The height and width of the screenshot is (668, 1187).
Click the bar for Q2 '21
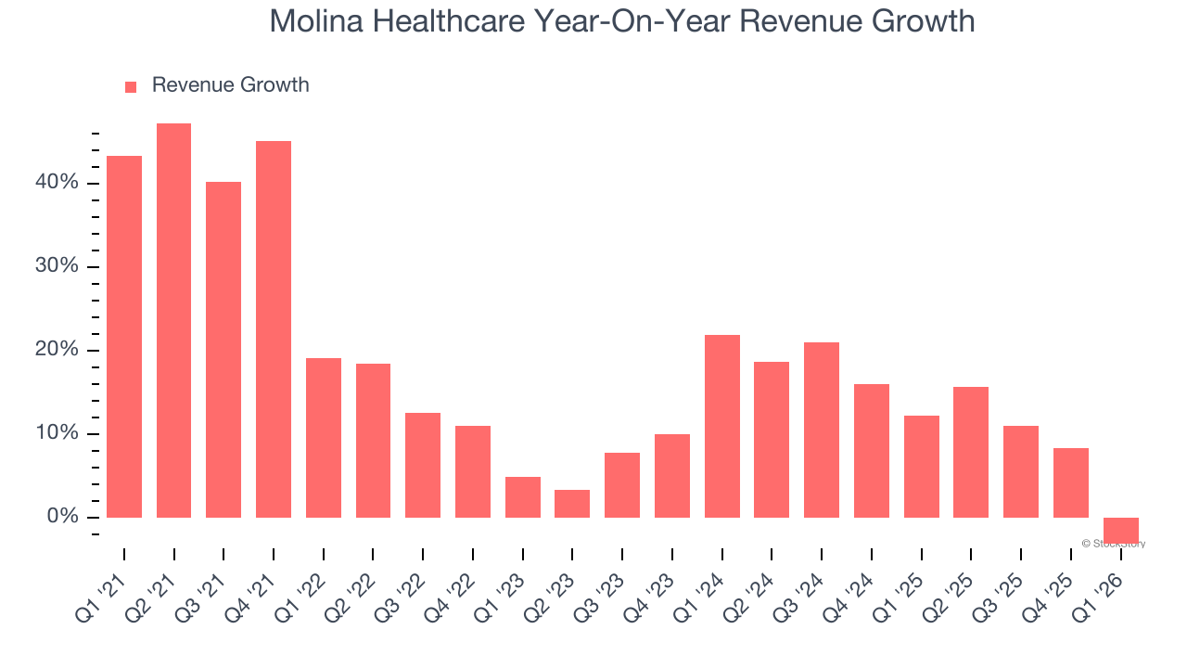[x=173, y=320]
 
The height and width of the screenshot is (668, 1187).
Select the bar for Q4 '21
[x=274, y=329]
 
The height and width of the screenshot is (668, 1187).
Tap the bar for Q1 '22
[x=324, y=438]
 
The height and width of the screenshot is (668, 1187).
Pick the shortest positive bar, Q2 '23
[x=572, y=504]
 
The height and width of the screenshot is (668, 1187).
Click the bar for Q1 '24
[x=722, y=426]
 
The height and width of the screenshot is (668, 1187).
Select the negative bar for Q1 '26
[x=1121, y=530]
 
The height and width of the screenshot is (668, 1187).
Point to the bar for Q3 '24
[x=822, y=430]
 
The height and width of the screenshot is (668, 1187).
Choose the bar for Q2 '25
[x=971, y=452]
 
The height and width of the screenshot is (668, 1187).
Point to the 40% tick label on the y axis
[x=57, y=183]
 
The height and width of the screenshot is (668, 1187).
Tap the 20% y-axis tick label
[x=57, y=350]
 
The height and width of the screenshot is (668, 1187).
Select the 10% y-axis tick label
[x=57, y=433]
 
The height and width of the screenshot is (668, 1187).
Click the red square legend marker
[x=131, y=87]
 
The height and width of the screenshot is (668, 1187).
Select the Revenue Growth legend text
[x=230, y=85]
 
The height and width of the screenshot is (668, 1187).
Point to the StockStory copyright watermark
[x=1113, y=544]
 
